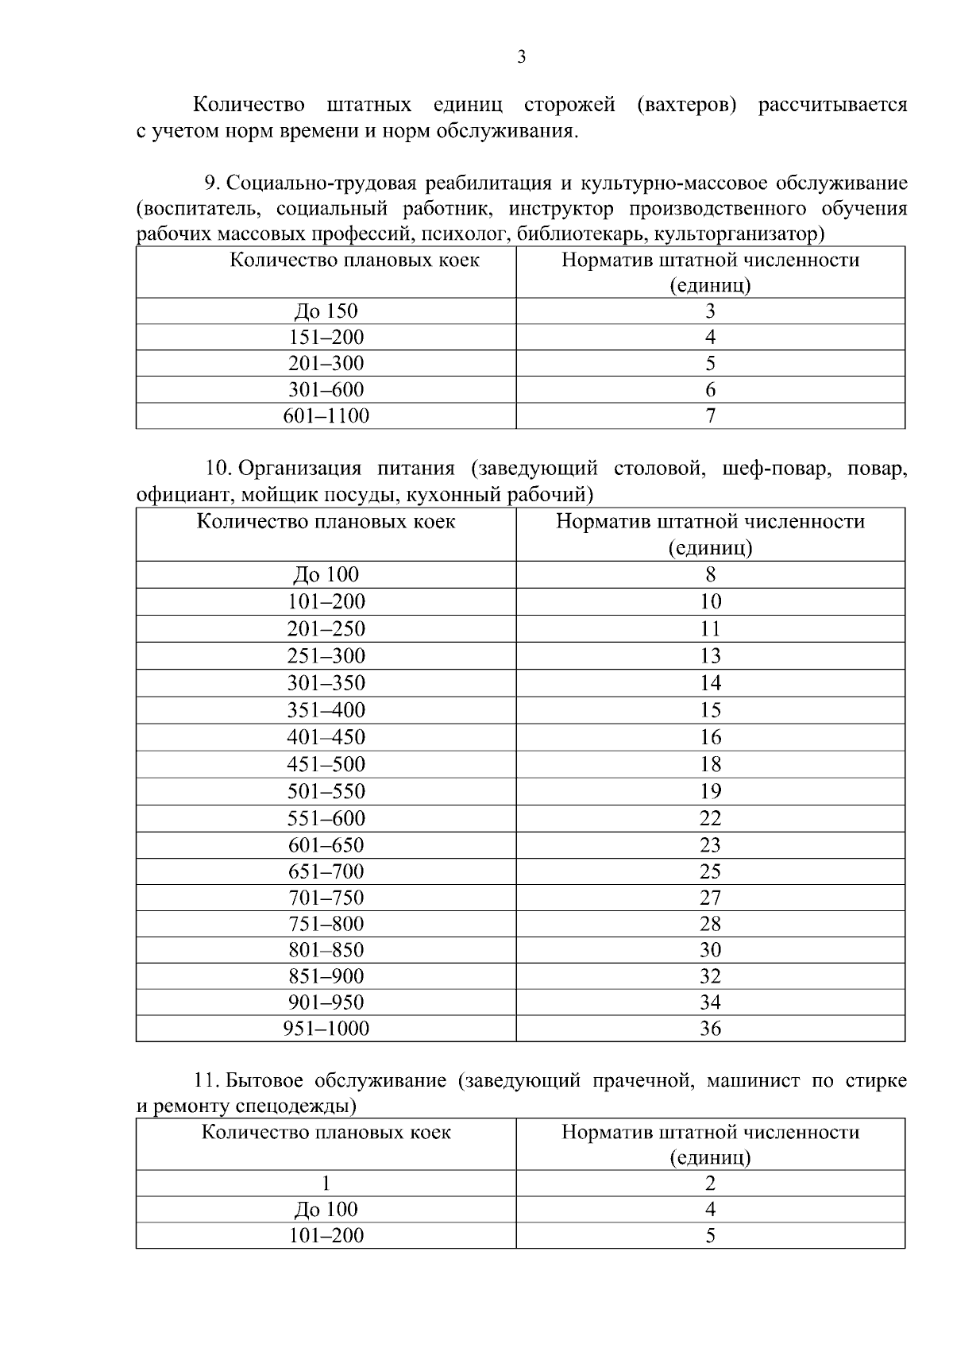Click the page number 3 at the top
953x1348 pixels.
click(521, 57)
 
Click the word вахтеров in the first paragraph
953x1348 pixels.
click(688, 105)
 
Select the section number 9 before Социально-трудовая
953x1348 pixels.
click(210, 183)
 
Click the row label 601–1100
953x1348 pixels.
click(326, 415)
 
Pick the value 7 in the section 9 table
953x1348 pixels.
click(710, 415)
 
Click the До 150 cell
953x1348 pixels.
click(326, 311)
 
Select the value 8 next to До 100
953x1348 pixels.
click(710, 574)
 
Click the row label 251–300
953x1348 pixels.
click(326, 656)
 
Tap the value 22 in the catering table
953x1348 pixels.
click(710, 818)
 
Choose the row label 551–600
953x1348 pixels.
click(326, 818)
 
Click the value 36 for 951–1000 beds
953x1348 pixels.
click(710, 1029)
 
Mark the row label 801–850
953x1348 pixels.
click(326, 950)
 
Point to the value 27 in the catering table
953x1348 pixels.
click(710, 898)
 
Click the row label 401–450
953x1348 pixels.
click(326, 737)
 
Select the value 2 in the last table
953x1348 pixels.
click(710, 1184)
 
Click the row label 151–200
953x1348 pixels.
click(326, 338)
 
